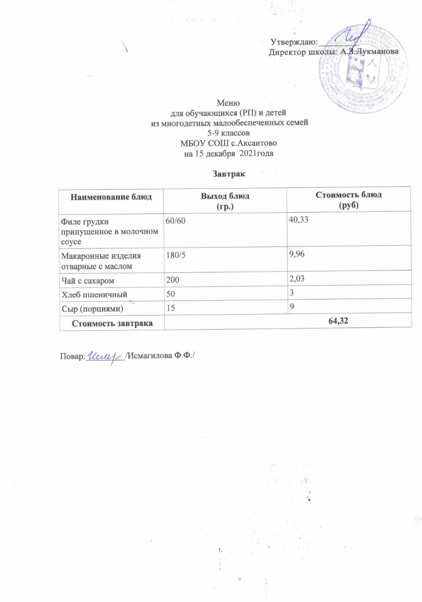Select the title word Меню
(x=228, y=103)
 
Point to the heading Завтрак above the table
(x=228, y=174)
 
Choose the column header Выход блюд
(x=225, y=195)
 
